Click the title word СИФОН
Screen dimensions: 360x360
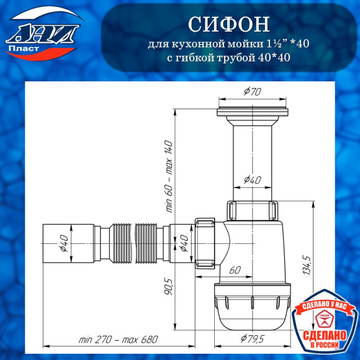[228, 24]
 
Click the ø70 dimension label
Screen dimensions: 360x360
[251, 92]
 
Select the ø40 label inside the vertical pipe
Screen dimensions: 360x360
[251, 179]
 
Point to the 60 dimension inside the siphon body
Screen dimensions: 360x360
[235, 270]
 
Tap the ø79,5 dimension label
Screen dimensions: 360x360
[252, 338]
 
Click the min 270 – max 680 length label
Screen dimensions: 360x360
[119, 340]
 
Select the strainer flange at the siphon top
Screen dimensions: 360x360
[251, 112]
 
